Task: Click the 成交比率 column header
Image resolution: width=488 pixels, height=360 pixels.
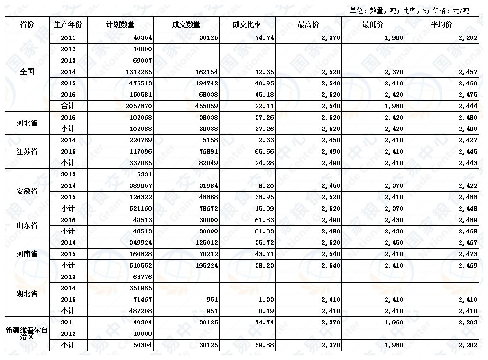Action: pos(247,25)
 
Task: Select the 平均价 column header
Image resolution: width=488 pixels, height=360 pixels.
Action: pos(441,25)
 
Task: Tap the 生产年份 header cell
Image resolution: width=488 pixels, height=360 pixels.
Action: pos(68,25)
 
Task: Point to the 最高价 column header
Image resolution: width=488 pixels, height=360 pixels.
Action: pos(308,25)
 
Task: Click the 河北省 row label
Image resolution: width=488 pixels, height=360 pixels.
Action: pos(27,123)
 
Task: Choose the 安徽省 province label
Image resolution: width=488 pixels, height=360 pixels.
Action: pos(27,192)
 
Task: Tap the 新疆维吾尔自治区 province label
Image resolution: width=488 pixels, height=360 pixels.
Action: pos(27,333)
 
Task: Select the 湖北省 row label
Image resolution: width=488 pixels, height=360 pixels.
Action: pos(27,294)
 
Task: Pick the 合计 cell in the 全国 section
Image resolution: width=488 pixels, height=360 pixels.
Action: pos(68,106)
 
